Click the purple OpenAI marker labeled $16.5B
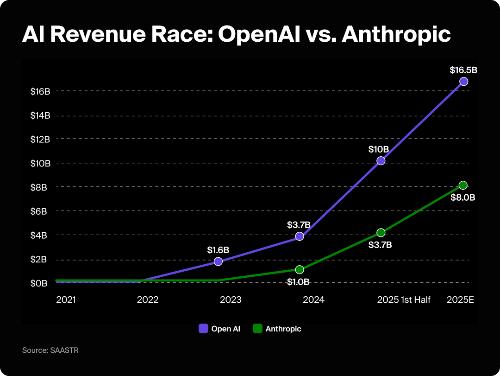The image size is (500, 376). (463, 82)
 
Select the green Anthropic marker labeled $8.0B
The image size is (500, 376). (462, 185)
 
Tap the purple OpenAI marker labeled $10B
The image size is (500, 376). (381, 160)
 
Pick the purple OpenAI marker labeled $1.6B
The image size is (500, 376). (218, 261)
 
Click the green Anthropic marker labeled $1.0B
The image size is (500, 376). (300, 269)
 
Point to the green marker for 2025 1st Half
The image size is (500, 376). (381, 232)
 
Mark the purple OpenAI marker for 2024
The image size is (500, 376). (300, 236)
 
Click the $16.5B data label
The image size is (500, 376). (463, 70)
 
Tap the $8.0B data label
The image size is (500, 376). (463, 198)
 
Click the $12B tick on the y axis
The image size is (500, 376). (40, 139)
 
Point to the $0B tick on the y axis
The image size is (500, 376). (39, 283)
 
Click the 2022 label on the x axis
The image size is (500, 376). (148, 300)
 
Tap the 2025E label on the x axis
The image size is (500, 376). (460, 300)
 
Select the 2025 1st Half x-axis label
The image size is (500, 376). (404, 300)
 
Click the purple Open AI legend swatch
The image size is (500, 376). (204, 329)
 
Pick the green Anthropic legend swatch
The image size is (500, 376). (258, 329)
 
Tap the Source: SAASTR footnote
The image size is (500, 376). (50, 351)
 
